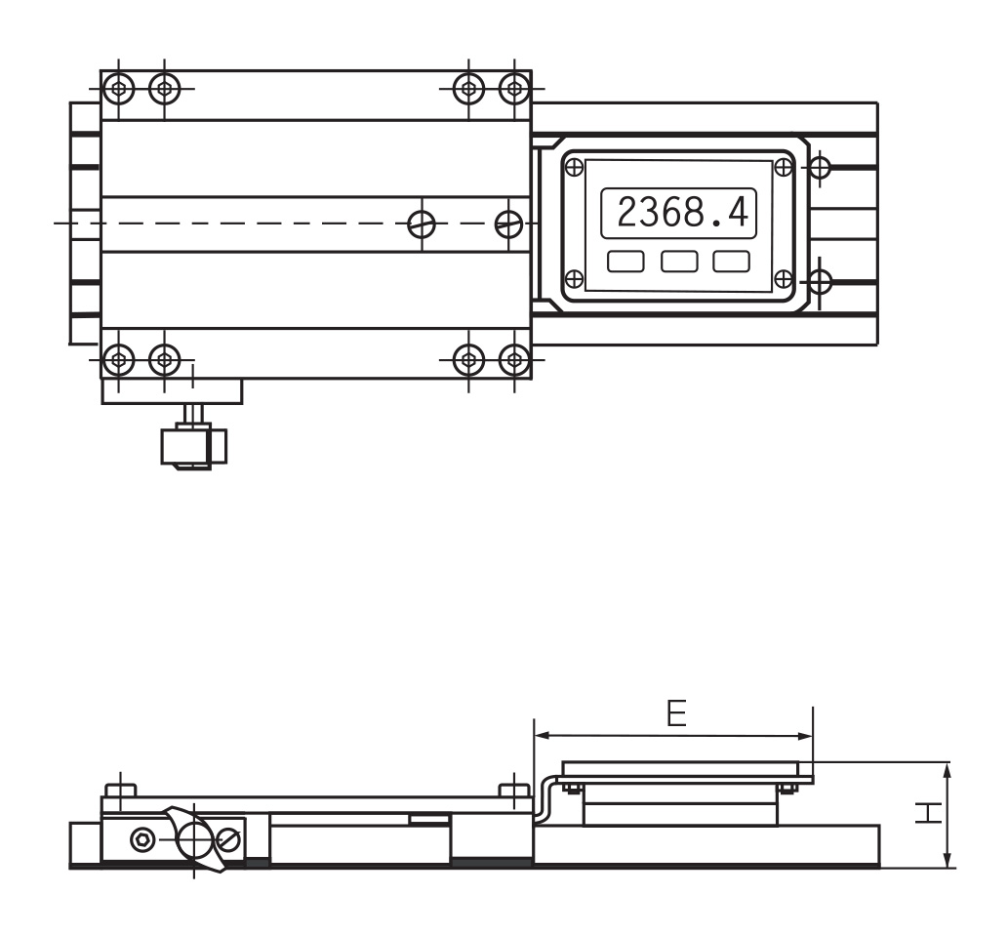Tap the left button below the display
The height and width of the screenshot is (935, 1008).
pyautogui.click(x=625, y=262)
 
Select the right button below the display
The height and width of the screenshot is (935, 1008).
pyautogui.click(x=731, y=262)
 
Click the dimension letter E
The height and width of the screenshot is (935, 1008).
pyautogui.click(x=676, y=712)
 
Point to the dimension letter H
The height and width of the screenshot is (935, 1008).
pyautogui.click(x=928, y=813)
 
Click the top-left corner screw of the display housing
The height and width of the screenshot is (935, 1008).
pyautogui.click(x=574, y=167)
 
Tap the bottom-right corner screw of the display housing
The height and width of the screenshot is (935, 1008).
pyautogui.click(x=783, y=279)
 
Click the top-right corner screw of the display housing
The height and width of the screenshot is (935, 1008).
pyautogui.click(x=783, y=167)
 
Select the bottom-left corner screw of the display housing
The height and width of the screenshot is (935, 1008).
pyautogui.click(x=574, y=279)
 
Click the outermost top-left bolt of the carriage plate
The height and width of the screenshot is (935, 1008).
pyautogui.click(x=118, y=88)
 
